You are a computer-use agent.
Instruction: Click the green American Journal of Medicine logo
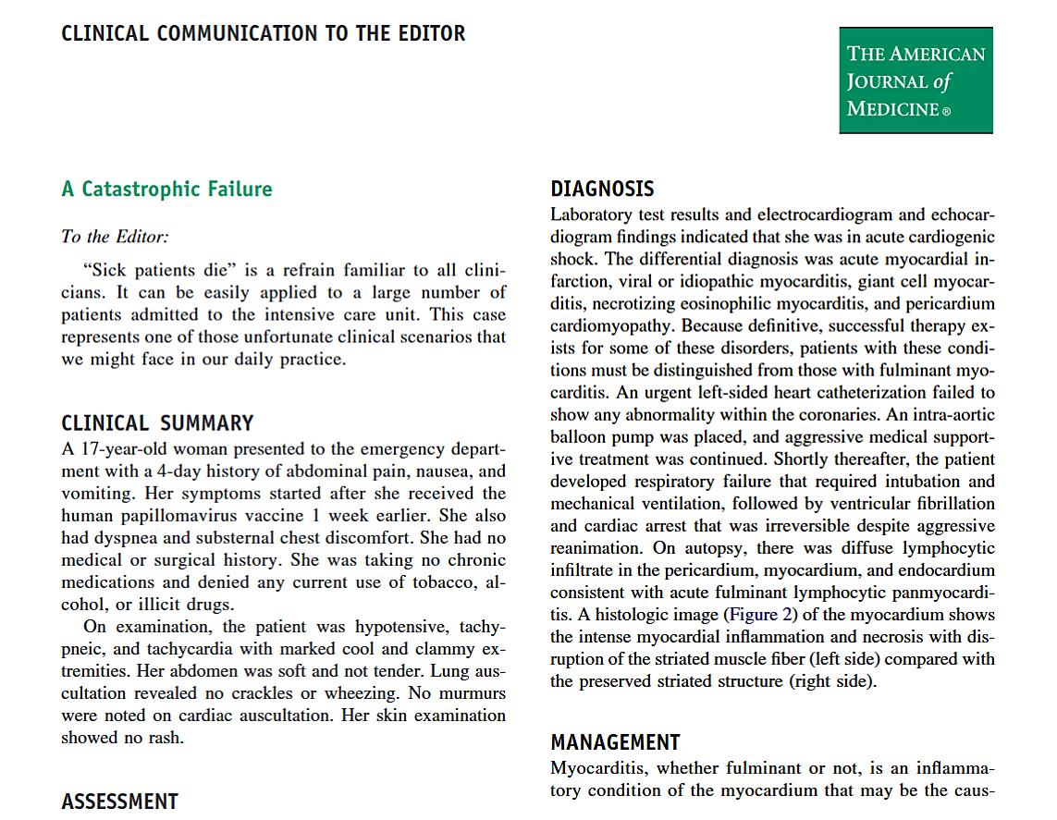tap(916, 80)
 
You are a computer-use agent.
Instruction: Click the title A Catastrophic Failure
tap(166, 190)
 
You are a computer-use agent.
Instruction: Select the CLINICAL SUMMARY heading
tap(157, 423)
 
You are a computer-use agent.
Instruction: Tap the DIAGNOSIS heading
tap(602, 190)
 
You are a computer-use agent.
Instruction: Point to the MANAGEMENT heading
tap(615, 742)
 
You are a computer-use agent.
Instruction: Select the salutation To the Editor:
tap(115, 237)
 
